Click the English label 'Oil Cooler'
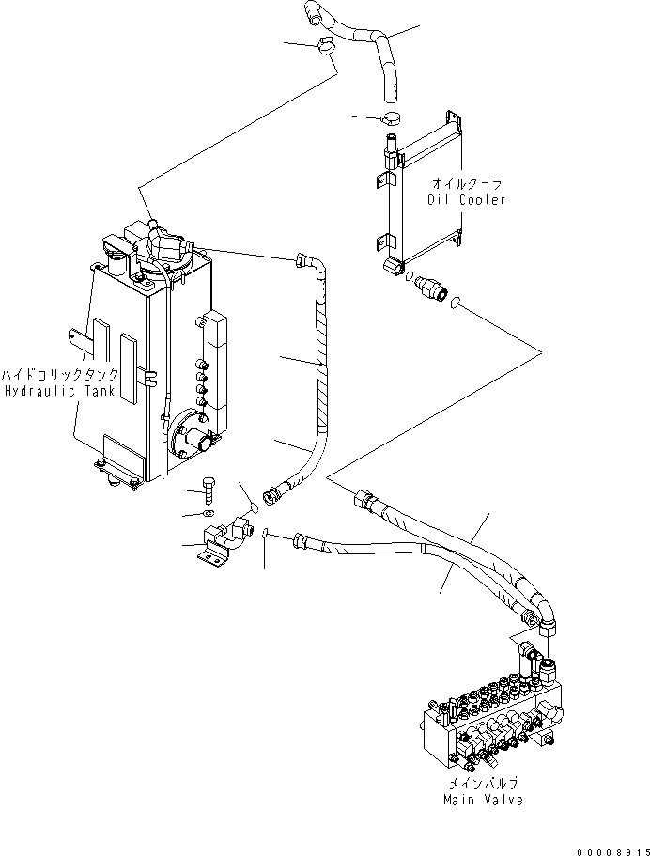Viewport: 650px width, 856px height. coord(467,199)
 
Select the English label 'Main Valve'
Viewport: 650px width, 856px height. coord(483,800)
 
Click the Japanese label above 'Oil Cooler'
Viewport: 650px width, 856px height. coord(467,184)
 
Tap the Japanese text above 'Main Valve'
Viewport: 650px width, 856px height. coord(483,783)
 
